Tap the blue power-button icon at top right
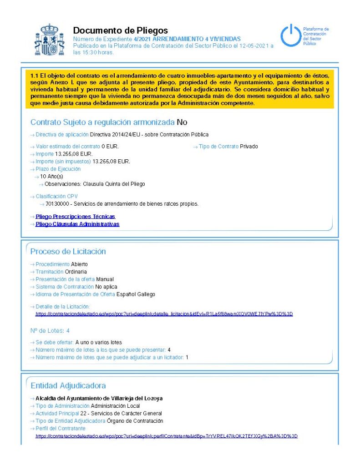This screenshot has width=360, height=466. [290, 36]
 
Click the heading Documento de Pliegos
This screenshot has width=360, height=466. [120, 30]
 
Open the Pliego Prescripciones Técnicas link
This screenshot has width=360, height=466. [75, 217]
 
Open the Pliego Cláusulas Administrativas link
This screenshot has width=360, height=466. [77, 224]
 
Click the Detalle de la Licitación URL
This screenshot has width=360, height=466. [164, 314]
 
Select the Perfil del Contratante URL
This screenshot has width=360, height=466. [167, 436]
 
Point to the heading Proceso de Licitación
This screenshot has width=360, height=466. [68, 252]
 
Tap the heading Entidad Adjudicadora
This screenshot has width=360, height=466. [68, 385]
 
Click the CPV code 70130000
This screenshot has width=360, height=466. [57, 204]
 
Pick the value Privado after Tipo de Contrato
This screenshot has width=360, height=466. [249, 147]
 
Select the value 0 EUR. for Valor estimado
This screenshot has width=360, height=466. [110, 147]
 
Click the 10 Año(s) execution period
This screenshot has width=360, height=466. [51, 176]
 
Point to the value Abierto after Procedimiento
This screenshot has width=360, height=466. [79, 264]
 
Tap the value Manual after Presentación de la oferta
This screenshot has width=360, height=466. [105, 279]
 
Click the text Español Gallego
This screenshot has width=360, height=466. [136, 294]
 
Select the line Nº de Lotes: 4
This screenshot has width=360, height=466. [50, 331]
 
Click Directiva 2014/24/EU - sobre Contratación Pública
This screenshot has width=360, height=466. [149, 135]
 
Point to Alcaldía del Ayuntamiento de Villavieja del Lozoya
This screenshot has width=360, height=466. [99, 398]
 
